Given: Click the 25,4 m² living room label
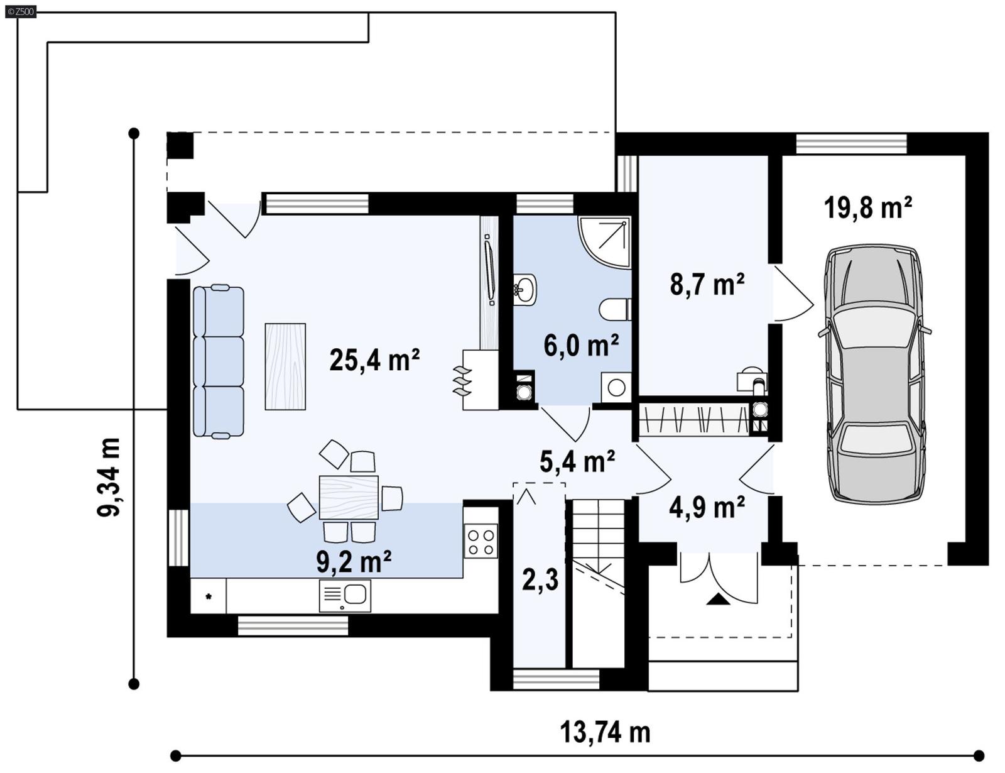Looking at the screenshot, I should (374, 360).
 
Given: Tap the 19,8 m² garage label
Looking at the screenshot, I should (867, 207).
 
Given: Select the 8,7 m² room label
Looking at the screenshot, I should (707, 284).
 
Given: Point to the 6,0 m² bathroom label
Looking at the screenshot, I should (581, 345).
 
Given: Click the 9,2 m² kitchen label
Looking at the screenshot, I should (354, 561).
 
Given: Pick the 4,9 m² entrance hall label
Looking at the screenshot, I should (707, 507).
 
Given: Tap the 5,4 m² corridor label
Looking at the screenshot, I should (577, 461).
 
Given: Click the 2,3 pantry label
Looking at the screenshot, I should (540, 579).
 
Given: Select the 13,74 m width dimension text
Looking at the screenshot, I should (604, 732).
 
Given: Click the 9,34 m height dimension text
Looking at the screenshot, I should (109, 477).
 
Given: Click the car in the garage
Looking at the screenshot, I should (875, 374).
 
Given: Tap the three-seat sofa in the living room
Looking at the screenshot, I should (218, 361).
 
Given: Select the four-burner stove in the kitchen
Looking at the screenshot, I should (481, 542).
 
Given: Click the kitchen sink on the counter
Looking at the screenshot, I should (345, 595).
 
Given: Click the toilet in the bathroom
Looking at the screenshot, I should (615, 309).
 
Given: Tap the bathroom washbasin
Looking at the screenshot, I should (524, 290).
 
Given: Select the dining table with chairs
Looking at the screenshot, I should (349, 497).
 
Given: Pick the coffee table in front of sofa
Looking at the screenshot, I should (285, 366).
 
